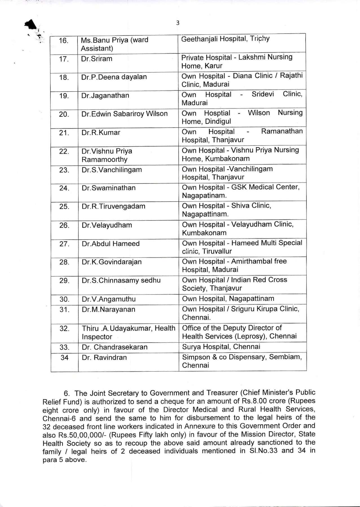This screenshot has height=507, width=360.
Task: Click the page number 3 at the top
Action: point(178,23)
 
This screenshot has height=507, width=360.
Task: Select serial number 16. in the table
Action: point(64,41)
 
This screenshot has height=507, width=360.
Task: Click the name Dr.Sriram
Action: point(97,59)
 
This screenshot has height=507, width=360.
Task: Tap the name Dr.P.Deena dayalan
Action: point(114,77)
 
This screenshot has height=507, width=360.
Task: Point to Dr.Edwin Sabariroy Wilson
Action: point(124,114)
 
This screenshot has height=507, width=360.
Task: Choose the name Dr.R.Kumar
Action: point(101,132)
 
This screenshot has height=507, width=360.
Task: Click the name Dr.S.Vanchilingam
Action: point(112,170)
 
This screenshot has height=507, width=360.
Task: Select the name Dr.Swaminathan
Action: point(109,188)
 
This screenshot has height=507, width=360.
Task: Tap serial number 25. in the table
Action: point(64,207)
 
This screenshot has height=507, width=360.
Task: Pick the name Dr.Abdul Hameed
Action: point(111,244)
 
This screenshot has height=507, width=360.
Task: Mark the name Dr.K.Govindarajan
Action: point(112,262)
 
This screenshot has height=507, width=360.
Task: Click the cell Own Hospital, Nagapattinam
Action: point(228,299)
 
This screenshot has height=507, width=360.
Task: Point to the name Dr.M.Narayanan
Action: point(109,309)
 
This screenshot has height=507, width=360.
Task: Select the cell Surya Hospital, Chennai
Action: point(221,347)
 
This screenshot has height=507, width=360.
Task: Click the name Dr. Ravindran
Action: point(104,358)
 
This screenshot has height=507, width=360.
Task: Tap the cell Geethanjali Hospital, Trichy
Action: point(225,39)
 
